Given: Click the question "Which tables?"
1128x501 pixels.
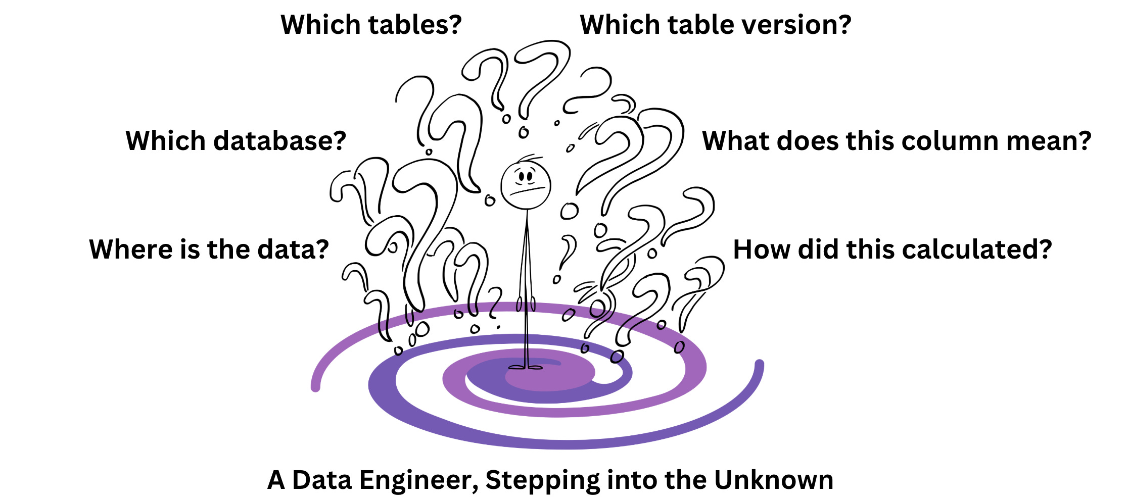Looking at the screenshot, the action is (x=371, y=25).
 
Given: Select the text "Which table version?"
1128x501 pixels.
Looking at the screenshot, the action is (x=715, y=25).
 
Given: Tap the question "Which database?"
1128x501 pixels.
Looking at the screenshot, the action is (x=236, y=141).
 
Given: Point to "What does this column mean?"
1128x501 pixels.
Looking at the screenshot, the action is (x=897, y=141).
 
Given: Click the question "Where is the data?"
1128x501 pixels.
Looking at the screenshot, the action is (x=209, y=249).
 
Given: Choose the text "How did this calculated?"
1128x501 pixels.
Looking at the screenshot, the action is (x=892, y=249).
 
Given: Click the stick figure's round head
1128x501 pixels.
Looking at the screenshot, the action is (x=526, y=185).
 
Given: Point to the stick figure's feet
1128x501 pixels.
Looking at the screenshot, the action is (x=526, y=367).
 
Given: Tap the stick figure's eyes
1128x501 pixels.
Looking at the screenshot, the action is (x=525, y=177).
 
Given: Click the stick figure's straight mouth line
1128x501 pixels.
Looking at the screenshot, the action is (x=529, y=191).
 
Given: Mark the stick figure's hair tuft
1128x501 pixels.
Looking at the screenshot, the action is (x=530, y=158).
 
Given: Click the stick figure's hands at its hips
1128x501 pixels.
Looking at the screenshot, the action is (x=526, y=305).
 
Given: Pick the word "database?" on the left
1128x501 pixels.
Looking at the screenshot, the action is (x=279, y=141).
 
